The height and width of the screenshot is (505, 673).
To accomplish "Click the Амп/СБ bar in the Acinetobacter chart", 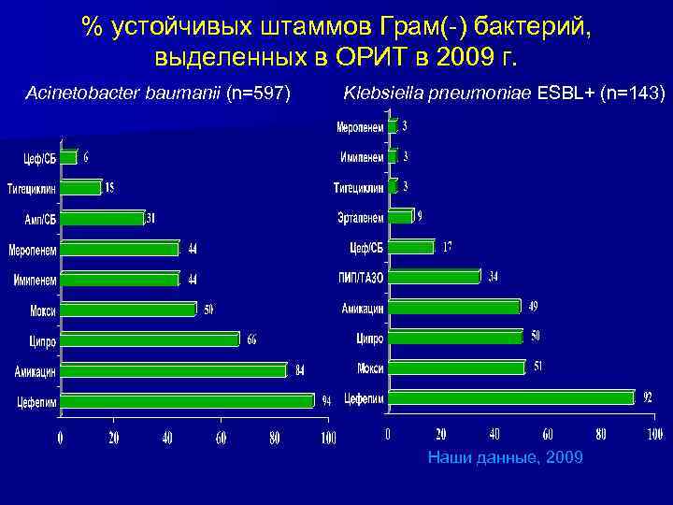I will tap(103, 219).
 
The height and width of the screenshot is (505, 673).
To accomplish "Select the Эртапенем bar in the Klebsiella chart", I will tap(400, 217).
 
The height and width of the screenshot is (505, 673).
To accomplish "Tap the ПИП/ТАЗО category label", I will tap(361, 278).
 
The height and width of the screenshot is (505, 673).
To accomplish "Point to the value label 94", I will tap(326, 401).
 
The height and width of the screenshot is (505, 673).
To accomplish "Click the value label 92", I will tap(647, 397).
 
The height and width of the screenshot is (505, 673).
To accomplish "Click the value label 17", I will tap(447, 247).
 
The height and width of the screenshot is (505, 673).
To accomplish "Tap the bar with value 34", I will tap(434, 277).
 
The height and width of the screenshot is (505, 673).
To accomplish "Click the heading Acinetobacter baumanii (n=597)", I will tap(160, 94).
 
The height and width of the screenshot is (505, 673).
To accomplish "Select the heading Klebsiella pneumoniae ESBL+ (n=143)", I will tap(505, 94).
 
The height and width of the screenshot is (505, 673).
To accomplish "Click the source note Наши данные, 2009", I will tap(505, 457).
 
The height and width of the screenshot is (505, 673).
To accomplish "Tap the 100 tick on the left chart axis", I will tap(328, 438).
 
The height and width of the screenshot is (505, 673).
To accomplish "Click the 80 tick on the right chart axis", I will tap(601, 434).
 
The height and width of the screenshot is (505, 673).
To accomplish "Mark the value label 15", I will tap(110, 188).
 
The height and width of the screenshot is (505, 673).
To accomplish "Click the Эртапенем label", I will tap(361, 218).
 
